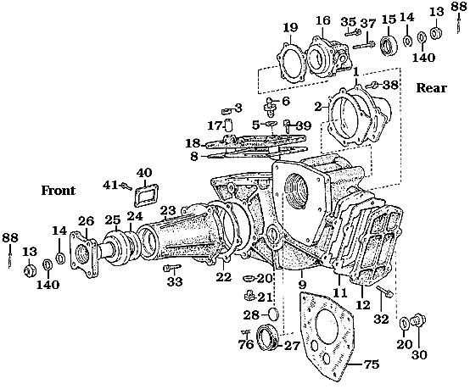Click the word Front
[x=59, y=191]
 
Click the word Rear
[x=433, y=87]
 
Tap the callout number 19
[x=289, y=26]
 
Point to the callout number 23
[x=167, y=210]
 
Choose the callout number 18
[x=193, y=142]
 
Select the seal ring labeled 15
[x=389, y=43]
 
